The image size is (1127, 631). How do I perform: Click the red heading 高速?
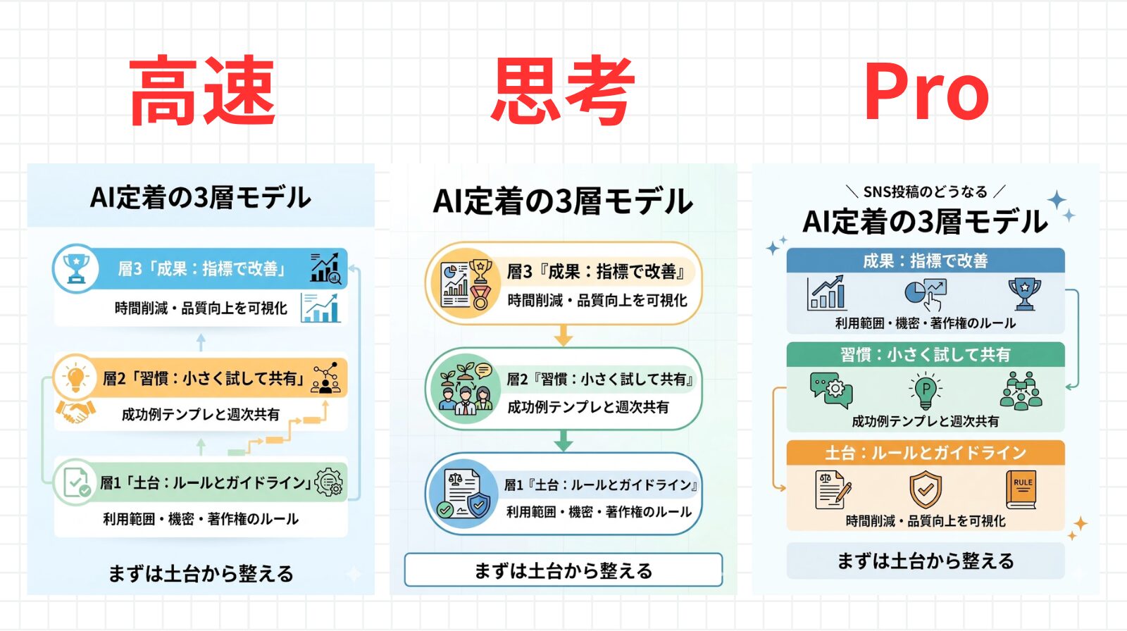(202, 91)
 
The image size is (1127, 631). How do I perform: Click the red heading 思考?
(563, 91)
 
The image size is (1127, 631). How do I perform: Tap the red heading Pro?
(926, 92)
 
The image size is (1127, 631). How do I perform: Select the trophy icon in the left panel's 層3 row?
(75, 268)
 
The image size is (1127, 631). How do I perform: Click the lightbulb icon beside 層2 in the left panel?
(75, 378)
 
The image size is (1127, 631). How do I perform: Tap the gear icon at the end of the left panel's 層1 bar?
(329, 482)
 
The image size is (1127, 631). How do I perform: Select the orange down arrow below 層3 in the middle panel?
(563, 335)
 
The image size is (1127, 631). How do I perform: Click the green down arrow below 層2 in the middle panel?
(563, 442)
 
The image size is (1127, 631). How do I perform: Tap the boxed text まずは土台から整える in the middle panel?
(563, 570)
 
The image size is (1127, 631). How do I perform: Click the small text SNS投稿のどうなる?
(925, 192)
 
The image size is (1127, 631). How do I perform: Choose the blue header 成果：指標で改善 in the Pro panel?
(925, 261)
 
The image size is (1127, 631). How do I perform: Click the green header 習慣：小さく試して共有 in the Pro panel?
(925, 354)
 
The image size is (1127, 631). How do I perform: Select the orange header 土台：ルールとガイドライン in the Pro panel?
(925, 452)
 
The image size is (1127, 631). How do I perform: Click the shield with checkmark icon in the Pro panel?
(926, 489)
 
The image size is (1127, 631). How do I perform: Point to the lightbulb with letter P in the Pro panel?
(926, 391)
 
